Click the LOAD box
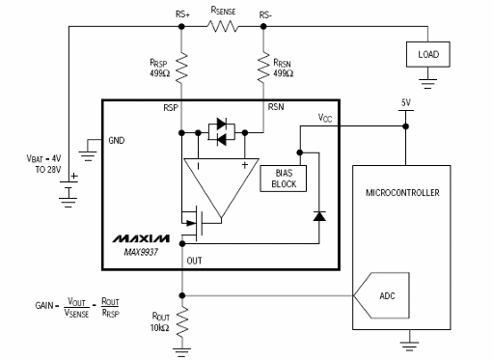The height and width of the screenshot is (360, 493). (426, 53)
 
